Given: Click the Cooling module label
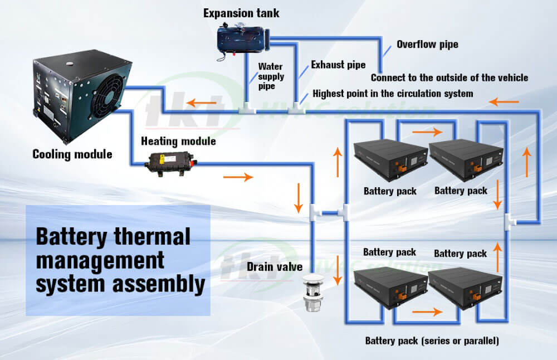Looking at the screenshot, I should (72, 154).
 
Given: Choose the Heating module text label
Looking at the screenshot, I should (178, 141).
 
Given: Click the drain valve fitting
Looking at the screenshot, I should (311, 292).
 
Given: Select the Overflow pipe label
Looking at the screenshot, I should (427, 44).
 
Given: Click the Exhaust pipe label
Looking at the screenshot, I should (338, 65).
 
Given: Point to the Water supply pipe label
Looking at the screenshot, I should (271, 77).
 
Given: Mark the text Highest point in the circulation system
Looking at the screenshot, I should (393, 93).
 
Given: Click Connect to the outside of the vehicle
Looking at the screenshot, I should (449, 77).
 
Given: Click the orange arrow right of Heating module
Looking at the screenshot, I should (238, 178).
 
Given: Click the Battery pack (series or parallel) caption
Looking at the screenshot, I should (432, 340).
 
